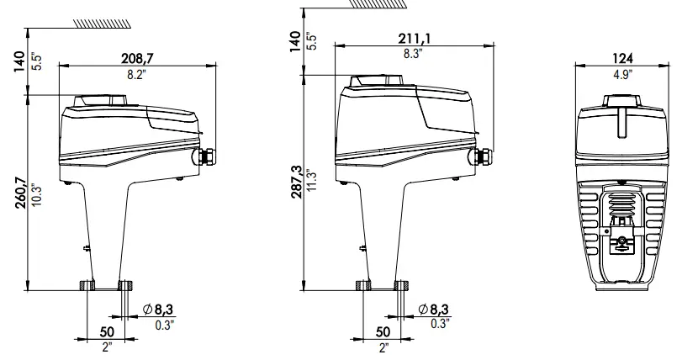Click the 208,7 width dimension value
click(138, 58)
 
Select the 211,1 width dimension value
click(410, 38)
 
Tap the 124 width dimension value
click(623, 58)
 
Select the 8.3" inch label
click(410, 53)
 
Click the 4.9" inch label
click(623, 74)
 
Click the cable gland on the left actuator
click(207, 156)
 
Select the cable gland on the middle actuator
click(483, 156)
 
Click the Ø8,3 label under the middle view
click(433, 310)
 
